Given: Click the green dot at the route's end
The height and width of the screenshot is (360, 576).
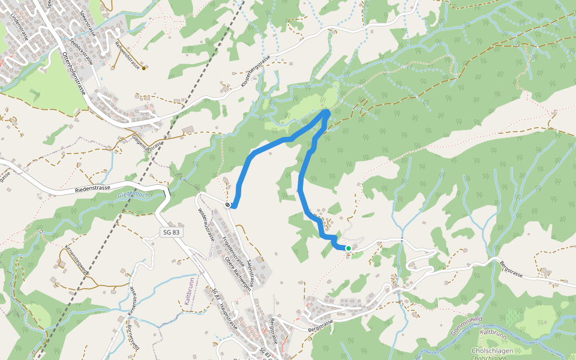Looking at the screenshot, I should (x=348, y=248).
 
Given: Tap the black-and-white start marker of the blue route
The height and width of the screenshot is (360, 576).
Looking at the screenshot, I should (x=228, y=205).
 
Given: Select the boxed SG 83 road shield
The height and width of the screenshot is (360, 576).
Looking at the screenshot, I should (x=171, y=232).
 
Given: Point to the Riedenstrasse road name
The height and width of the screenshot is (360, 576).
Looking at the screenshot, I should (x=93, y=188).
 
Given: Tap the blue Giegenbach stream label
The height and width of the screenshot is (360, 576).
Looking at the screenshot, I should (x=133, y=195).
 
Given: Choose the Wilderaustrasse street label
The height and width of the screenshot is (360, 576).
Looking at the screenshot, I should (x=206, y=224).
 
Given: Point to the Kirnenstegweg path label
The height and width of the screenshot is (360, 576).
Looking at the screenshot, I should (x=77, y=259).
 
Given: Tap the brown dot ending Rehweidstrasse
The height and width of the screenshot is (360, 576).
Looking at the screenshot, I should (x=143, y=68).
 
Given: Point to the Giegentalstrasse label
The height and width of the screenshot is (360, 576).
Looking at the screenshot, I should (x=148, y=143).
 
